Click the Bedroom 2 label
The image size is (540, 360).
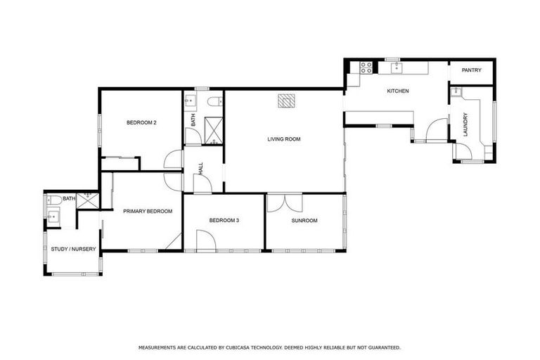(x=141, y=122)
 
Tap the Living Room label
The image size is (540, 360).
(x=283, y=139)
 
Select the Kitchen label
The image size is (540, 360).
(x=397, y=91)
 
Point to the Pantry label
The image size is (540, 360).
(x=471, y=70)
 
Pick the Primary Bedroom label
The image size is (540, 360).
(x=148, y=211)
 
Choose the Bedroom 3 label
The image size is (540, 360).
(x=224, y=221)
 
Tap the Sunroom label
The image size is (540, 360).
(x=304, y=221)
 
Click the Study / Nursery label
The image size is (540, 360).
(x=73, y=249)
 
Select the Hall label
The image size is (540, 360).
(x=201, y=169)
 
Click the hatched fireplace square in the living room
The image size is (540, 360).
(x=285, y=101)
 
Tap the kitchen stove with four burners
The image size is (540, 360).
(x=366, y=67)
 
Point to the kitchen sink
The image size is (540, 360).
(x=397, y=67)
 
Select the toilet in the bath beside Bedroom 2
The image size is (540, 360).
(x=213, y=103)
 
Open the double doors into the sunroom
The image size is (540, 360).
(x=285, y=201)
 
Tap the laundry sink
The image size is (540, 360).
(x=456, y=91)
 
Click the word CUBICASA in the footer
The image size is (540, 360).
(x=250, y=347)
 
